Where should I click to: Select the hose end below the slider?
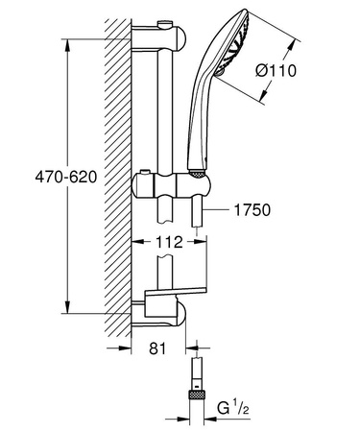click(196, 216)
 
